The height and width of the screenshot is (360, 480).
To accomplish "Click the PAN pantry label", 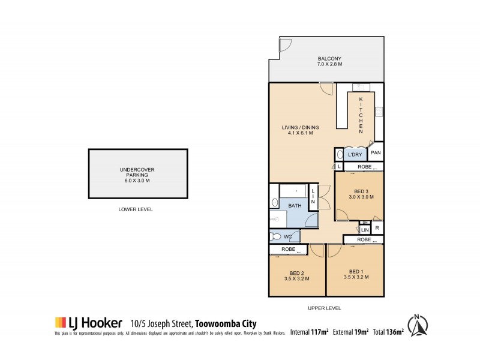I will (376, 154).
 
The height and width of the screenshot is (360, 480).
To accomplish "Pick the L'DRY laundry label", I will (354, 155).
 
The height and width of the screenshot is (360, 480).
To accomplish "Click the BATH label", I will (295, 206).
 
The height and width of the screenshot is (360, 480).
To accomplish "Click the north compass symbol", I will (421, 325).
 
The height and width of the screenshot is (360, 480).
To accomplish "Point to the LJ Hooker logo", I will (89, 322).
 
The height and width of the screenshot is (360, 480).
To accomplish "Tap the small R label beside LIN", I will (377, 228).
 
